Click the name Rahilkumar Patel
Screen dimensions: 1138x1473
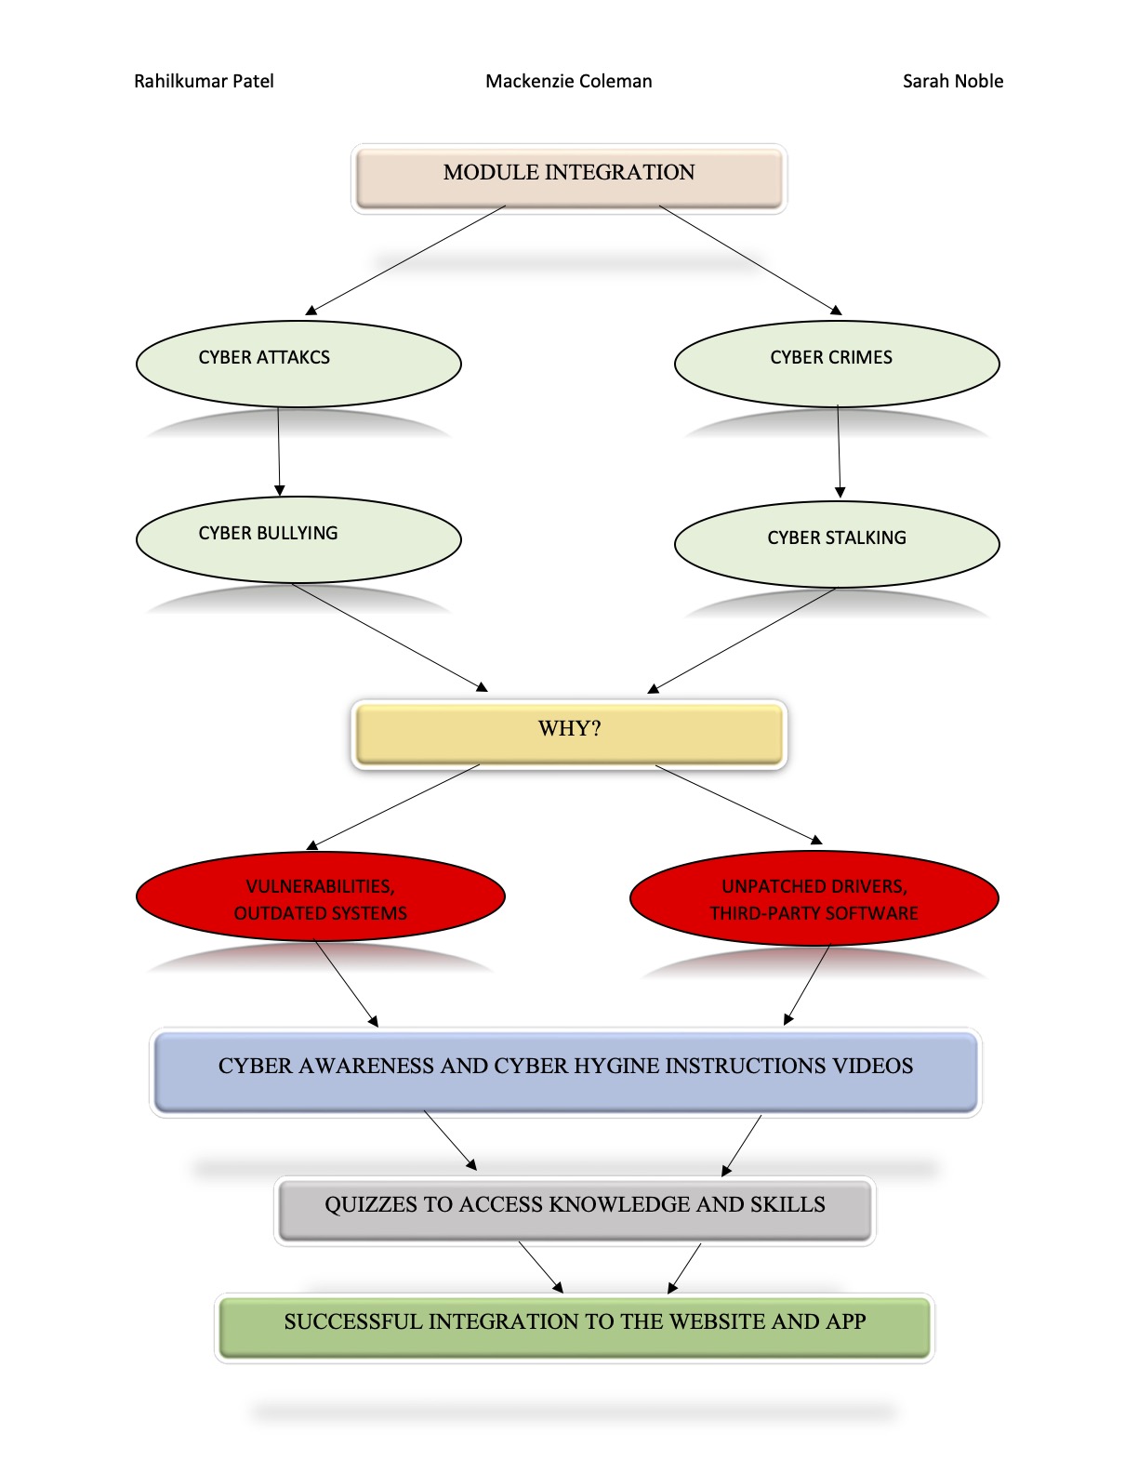pyautogui.click(x=204, y=81)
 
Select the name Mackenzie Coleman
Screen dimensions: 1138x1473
pyautogui.click(x=569, y=81)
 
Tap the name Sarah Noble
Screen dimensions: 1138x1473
pyautogui.click(x=952, y=81)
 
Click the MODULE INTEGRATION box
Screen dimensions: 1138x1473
pyautogui.click(x=569, y=178)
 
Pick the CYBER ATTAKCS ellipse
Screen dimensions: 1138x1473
pyautogui.click(x=298, y=364)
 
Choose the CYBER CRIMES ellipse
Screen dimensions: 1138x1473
pyautogui.click(x=837, y=364)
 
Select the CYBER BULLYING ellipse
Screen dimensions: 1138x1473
pyautogui.click(x=298, y=539)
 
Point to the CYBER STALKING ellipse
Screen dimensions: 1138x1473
pyautogui.click(x=837, y=544)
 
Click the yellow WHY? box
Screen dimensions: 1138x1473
pyautogui.click(x=569, y=734)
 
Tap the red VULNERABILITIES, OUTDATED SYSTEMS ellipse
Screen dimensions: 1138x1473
pyautogui.click(x=320, y=896)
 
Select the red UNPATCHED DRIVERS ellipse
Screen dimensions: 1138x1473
pyautogui.click(x=814, y=897)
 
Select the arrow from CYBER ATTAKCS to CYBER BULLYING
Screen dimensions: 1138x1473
pyautogui.click(x=279, y=451)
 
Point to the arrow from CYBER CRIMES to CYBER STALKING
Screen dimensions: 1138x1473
pyautogui.click(x=840, y=452)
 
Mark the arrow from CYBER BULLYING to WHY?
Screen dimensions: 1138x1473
pyautogui.click(x=390, y=637)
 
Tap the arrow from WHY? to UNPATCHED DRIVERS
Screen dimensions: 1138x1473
pyautogui.click(x=739, y=804)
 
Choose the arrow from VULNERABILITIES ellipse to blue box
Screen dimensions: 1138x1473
pyautogui.click(x=347, y=984)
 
